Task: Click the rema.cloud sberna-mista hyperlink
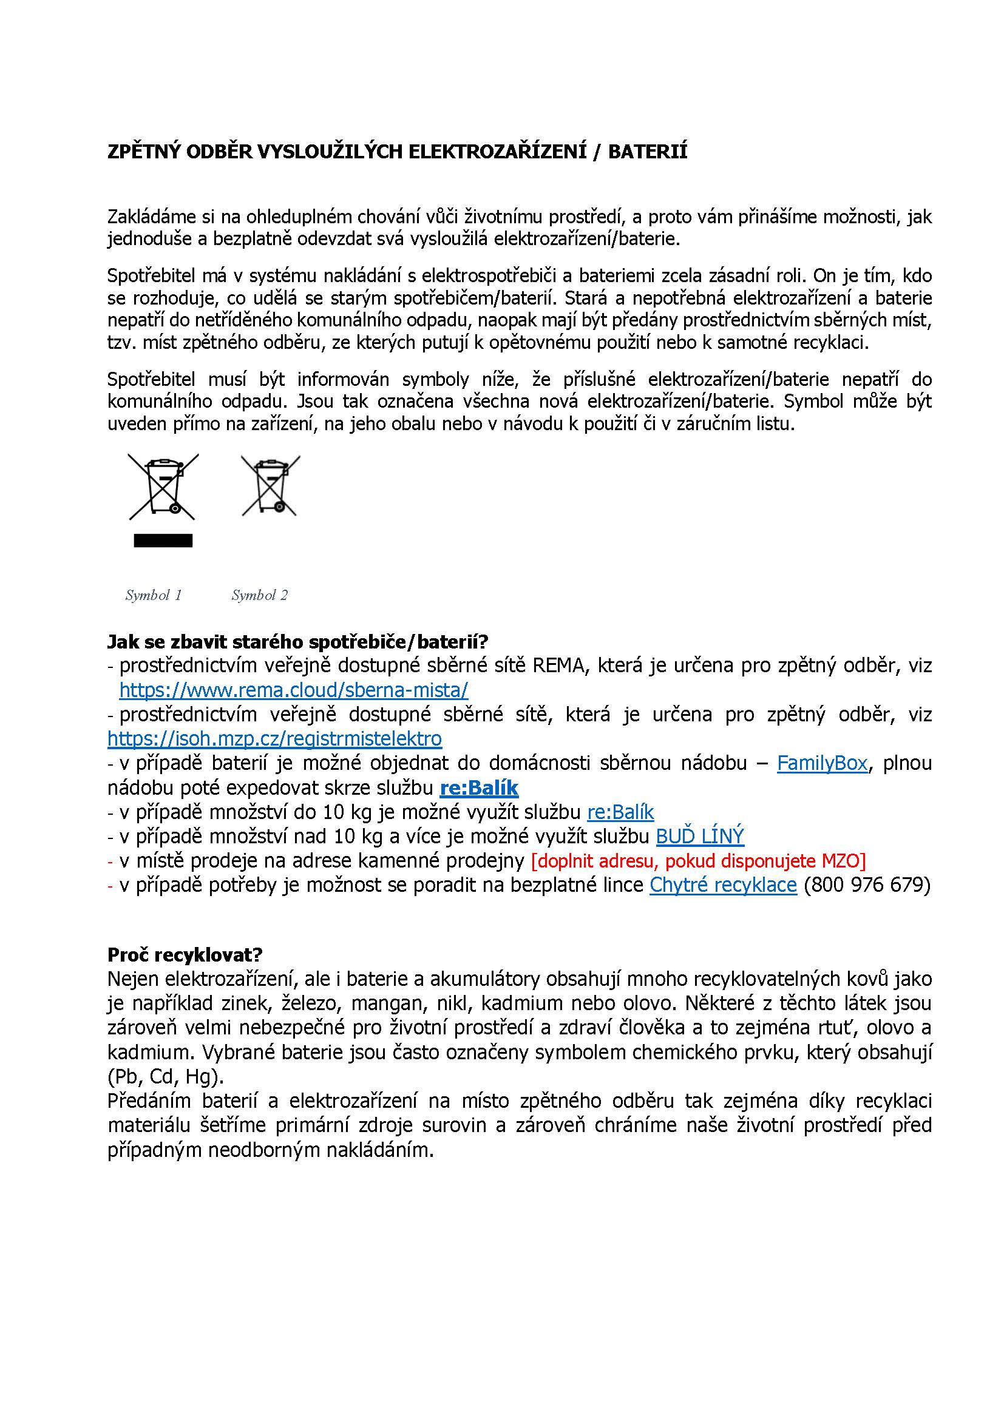(294, 689)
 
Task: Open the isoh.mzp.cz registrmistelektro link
(274, 738)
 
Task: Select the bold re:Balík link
(478, 787)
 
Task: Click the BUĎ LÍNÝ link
(699, 836)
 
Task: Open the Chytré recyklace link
(723, 885)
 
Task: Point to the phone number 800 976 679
(867, 885)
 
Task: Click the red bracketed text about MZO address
(699, 860)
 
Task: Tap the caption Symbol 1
(154, 595)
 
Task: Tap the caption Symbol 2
(260, 595)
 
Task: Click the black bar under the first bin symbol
(163, 541)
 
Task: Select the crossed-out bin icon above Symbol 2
(270, 486)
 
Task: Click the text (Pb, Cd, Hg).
(166, 1077)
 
